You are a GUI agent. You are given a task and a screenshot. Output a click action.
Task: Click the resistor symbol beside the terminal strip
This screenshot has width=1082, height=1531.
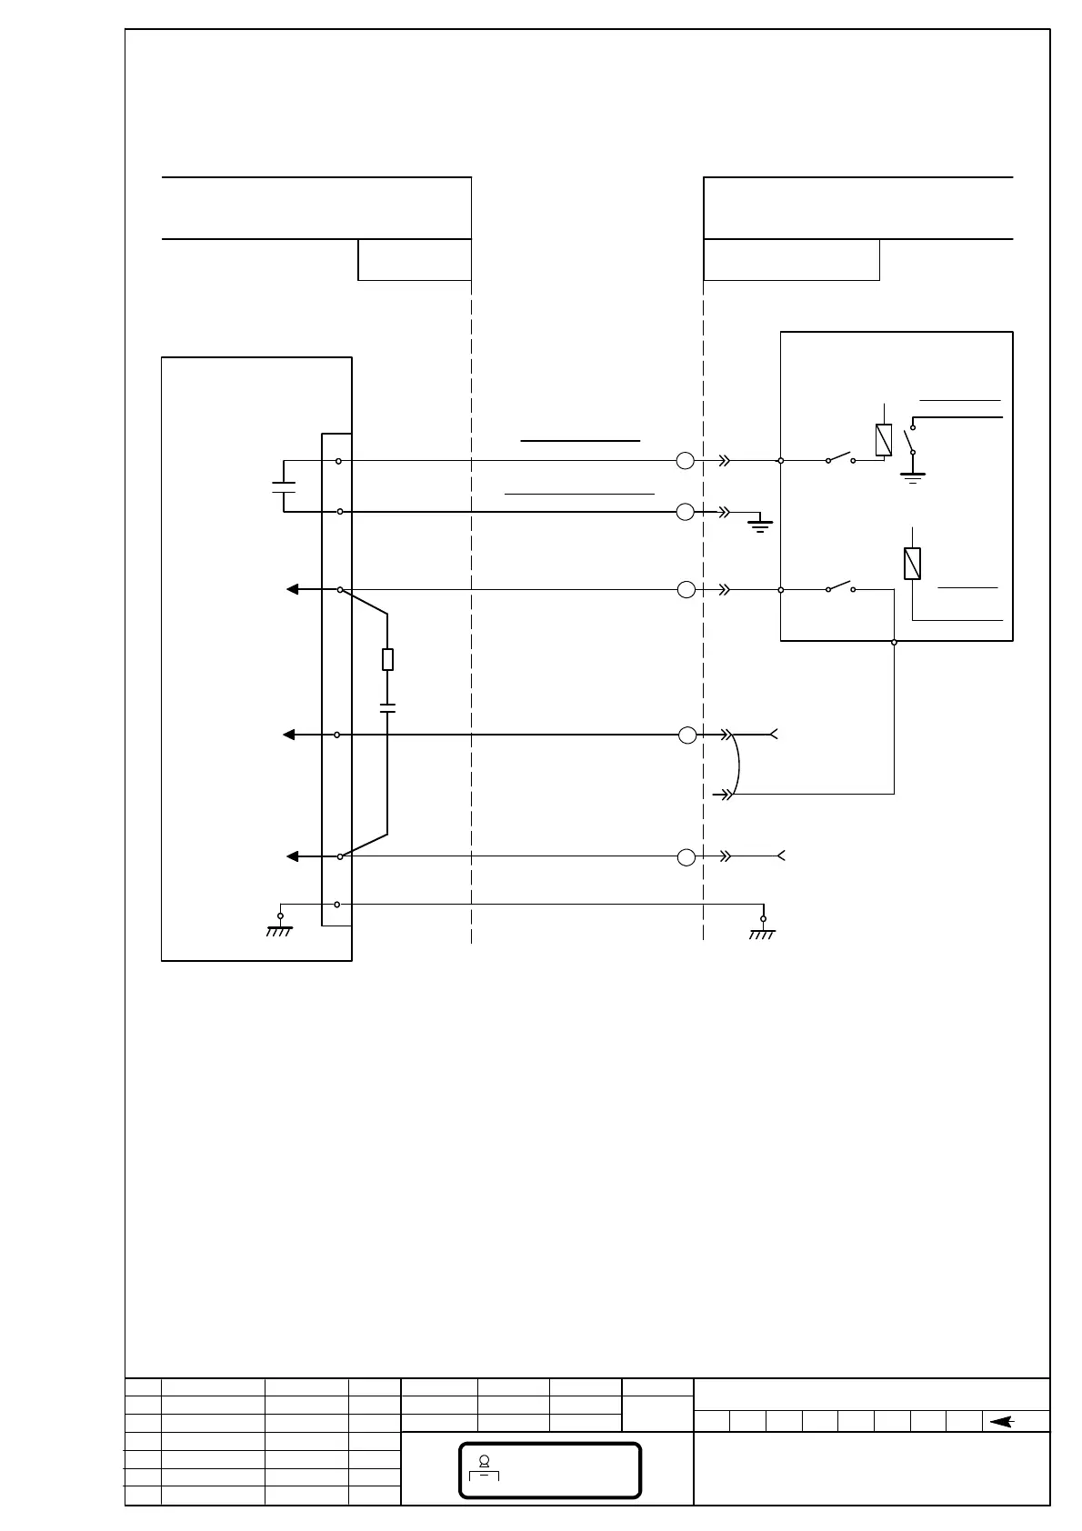(x=387, y=660)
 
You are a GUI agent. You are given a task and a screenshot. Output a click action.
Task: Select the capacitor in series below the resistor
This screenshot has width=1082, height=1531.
(x=387, y=707)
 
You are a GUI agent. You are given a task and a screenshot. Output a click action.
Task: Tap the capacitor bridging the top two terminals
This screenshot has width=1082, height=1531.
(x=284, y=486)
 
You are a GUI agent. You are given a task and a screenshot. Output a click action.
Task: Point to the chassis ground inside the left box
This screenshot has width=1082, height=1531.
(x=279, y=926)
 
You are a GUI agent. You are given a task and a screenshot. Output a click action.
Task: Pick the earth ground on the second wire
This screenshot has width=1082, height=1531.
(x=760, y=523)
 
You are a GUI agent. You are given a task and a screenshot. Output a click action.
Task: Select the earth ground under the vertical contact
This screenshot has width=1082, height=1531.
(x=912, y=475)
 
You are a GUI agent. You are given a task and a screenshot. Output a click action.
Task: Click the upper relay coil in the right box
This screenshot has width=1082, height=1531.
(x=883, y=440)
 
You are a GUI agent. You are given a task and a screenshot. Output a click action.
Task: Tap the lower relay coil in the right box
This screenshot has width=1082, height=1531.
(x=912, y=564)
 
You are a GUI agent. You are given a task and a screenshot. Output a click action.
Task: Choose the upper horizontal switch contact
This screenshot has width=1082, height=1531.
(x=840, y=457)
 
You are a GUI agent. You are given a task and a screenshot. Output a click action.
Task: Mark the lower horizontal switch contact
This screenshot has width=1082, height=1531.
(x=840, y=586)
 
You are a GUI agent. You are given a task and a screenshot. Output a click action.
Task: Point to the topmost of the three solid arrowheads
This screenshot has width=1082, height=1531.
(x=293, y=589)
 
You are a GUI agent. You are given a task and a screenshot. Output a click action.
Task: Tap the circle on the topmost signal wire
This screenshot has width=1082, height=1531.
(x=686, y=461)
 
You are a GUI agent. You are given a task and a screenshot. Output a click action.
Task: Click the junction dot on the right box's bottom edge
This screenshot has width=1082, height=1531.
(x=894, y=642)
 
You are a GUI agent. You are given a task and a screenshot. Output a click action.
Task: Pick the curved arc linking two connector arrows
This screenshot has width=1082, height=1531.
(x=737, y=764)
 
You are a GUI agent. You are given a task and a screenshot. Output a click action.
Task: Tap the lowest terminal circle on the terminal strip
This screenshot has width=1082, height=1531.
(x=337, y=905)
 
